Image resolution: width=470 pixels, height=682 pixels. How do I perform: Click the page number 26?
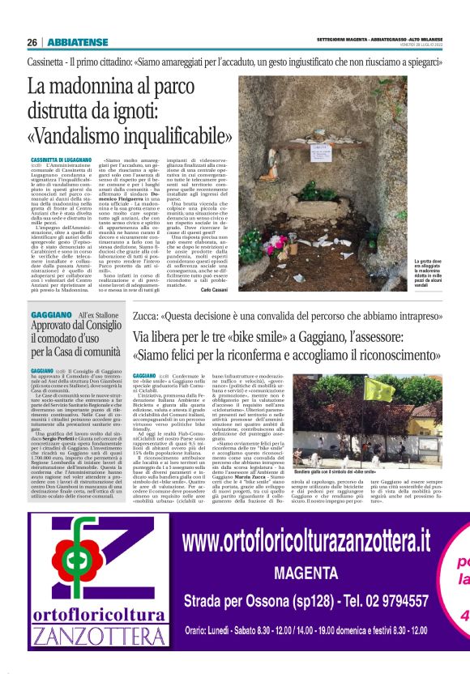click(x=32, y=41)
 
